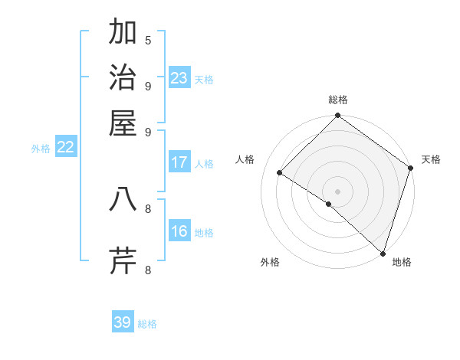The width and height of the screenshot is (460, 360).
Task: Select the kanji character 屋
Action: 123,123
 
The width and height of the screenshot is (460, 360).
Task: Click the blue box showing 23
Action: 179,78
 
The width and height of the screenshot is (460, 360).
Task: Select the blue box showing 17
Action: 179,162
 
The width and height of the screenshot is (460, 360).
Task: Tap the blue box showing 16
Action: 179,232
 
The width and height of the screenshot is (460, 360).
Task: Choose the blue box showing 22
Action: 65,147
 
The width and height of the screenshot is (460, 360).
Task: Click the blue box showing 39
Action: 123,322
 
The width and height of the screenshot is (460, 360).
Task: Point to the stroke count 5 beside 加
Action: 148,40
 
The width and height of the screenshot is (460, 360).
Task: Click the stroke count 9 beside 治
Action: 148,85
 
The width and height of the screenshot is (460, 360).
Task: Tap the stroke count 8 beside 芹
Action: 148,269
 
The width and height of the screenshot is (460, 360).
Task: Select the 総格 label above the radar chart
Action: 338,100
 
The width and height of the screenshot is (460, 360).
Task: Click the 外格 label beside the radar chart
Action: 270,262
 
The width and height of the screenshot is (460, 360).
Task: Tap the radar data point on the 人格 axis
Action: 280,173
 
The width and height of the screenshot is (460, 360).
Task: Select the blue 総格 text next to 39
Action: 147,324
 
